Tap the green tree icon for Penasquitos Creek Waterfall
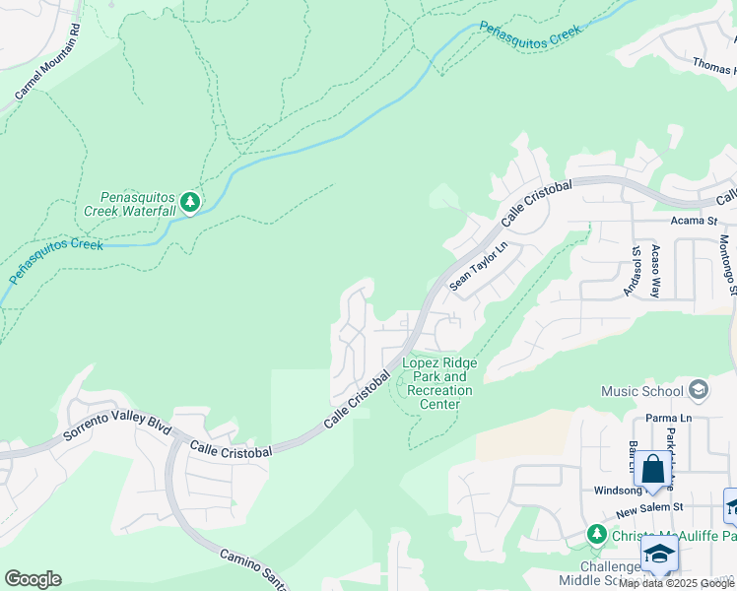(x=190, y=203)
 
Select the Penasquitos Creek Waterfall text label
(x=137, y=204)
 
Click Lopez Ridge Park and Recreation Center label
(x=439, y=383)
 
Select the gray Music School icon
(x=699, y=390)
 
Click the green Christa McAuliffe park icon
(x=595, y=534)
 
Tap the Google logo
(x=33, y=579)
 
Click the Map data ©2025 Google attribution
(x=676, y=583)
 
